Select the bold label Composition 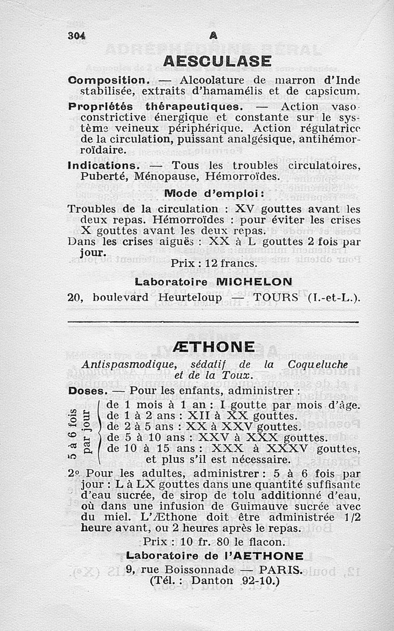107,80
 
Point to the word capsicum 334,91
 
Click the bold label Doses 87,391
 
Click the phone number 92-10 261,580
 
